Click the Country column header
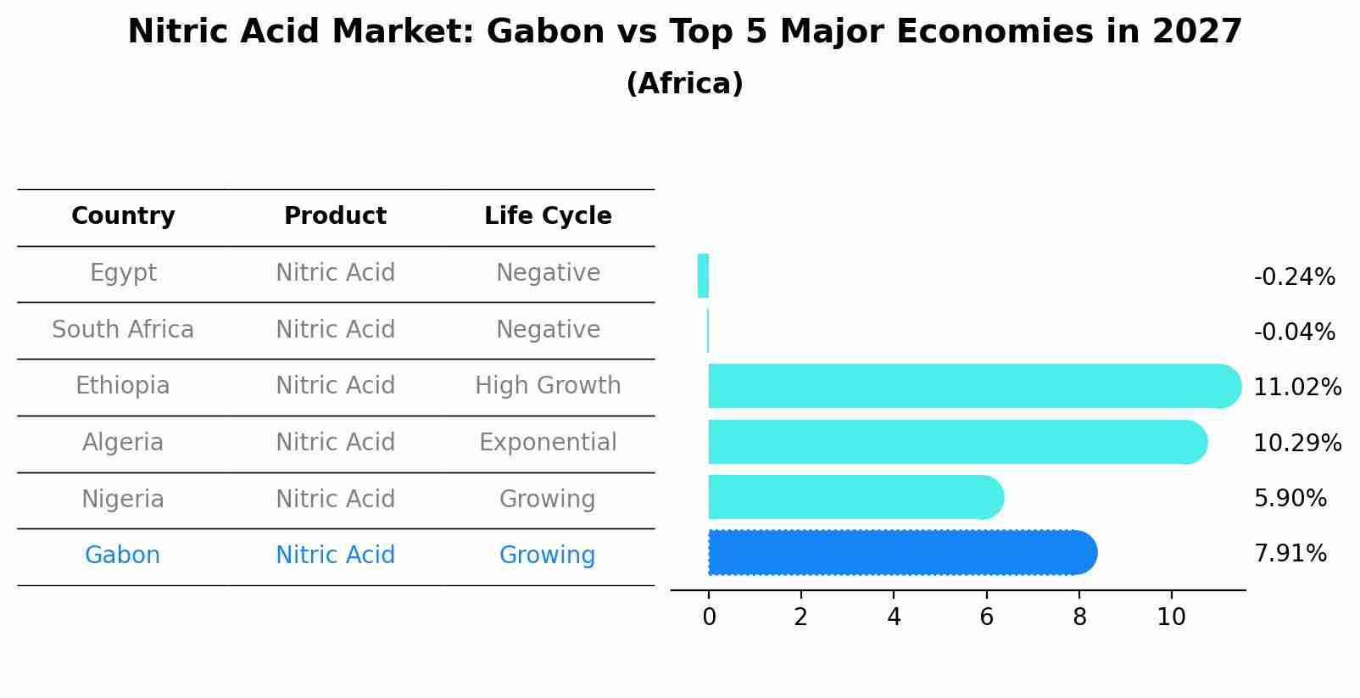coord(123,216)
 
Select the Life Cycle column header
coord(548,216)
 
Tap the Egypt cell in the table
coord(123,273)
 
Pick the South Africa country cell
coord(123,330)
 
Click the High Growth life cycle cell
coord(548,386)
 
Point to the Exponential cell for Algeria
coord(548,443)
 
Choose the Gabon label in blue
coord(122,556)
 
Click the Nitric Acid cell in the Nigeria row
coord(335,500)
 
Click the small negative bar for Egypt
coord(703,276)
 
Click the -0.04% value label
coord(1294,332)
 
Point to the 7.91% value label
coord(1290,554)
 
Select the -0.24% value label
coord(1294,277)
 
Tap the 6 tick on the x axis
coord(986,617)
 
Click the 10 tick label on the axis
coord(1171,617)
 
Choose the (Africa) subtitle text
coord(684,84)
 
